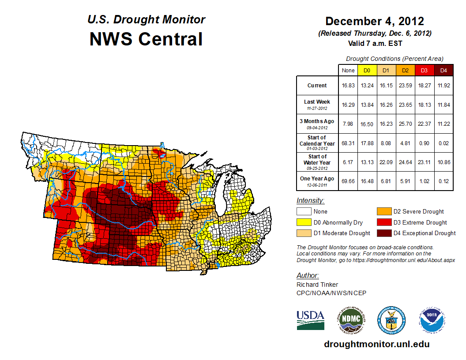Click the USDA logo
(x=310, y=320)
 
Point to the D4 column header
(x=443, y=70)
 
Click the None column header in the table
(x=348, y=70)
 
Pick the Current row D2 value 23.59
(x=405, y=86)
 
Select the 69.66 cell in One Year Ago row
(x=348, y=181)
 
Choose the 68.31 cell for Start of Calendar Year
(x=348, y=143)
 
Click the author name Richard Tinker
(x=317, y=285)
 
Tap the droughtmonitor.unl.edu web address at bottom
(x=376, y=344)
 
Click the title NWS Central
(x=146, y=39)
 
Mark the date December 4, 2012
(x=375, y=21)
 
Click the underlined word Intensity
(x=310, y=201)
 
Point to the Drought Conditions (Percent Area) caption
(x=395, y=59)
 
